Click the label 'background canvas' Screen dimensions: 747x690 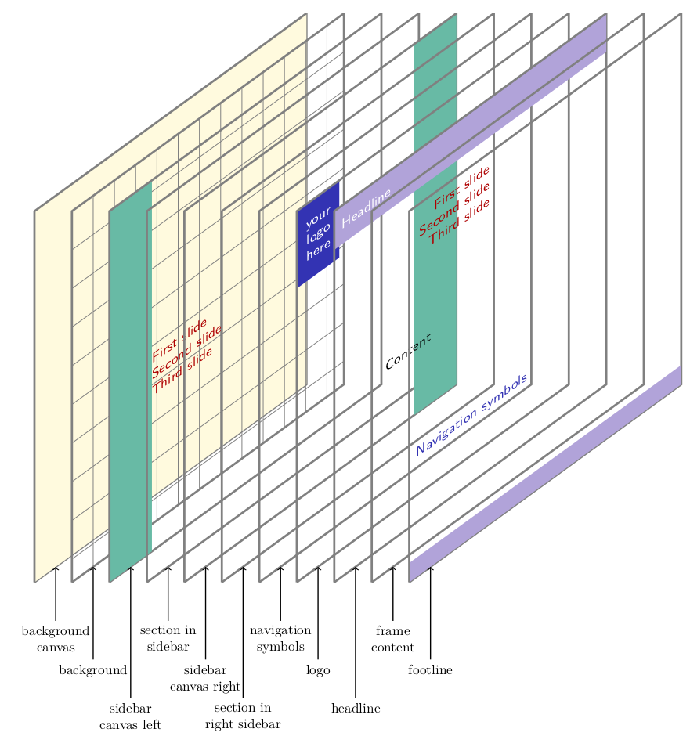tap(55, 639)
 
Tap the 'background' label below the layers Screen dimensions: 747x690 tap(93, 670)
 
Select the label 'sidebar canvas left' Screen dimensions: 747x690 tap(130, 716)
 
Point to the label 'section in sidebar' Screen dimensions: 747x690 tap(168, 639)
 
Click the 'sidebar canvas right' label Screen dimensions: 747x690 tap(205, 678)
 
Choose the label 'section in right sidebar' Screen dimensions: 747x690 tap(243, 716)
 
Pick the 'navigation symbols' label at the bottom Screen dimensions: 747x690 tap(280, 639)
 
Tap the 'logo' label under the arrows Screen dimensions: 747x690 tap(318, 670)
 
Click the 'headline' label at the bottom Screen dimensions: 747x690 tap(356, 709)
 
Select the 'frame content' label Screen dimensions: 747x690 tap(393, 639)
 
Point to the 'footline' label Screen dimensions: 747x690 tap(430, 670)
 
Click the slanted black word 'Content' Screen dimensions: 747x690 tap(408, 352)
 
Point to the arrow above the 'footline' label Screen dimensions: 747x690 tap(430, 611)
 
